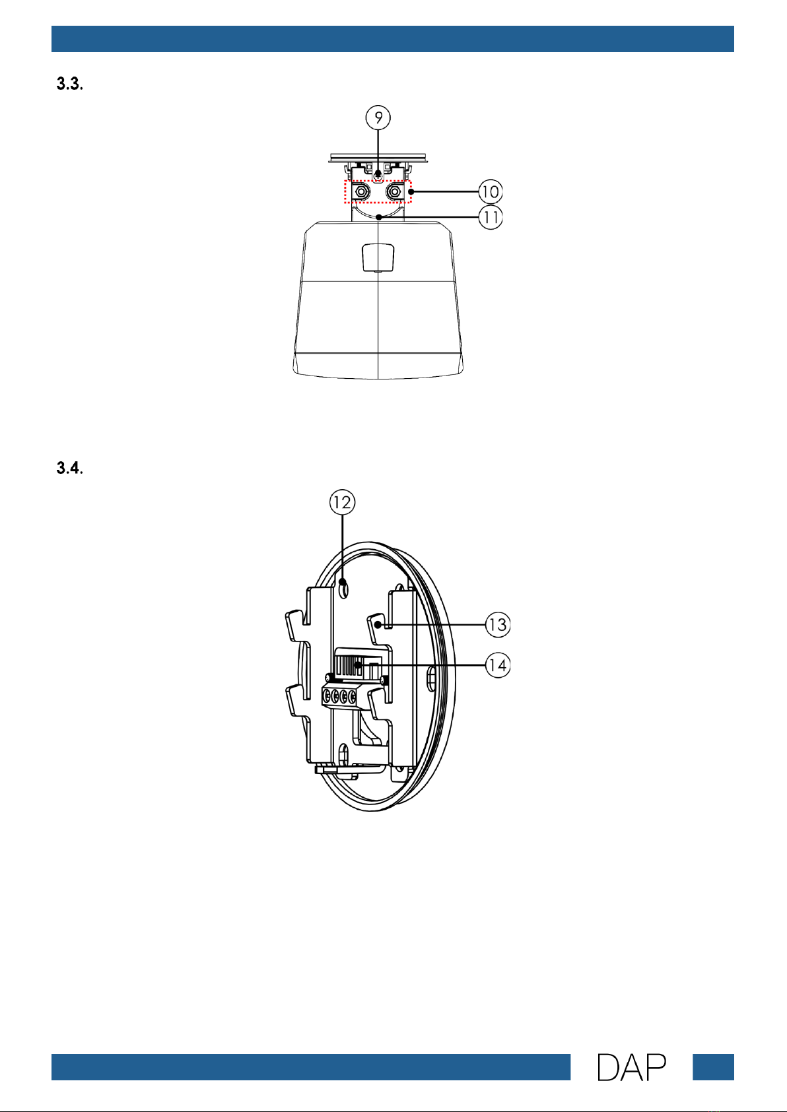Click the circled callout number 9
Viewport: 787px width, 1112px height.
coord(378,118)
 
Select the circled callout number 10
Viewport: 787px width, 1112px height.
coord(491,191)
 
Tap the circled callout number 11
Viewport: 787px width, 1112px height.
coord(491,217)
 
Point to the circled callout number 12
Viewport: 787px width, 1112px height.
coord(342,502)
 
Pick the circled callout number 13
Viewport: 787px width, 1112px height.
coord(498,624)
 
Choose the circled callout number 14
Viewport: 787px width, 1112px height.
coord(498,665)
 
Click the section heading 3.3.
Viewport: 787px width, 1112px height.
coord(69,84)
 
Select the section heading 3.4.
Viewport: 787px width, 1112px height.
coord(69,468)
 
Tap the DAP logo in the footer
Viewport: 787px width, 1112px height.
coord(631,1067)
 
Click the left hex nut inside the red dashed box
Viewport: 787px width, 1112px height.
coord(361,191)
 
